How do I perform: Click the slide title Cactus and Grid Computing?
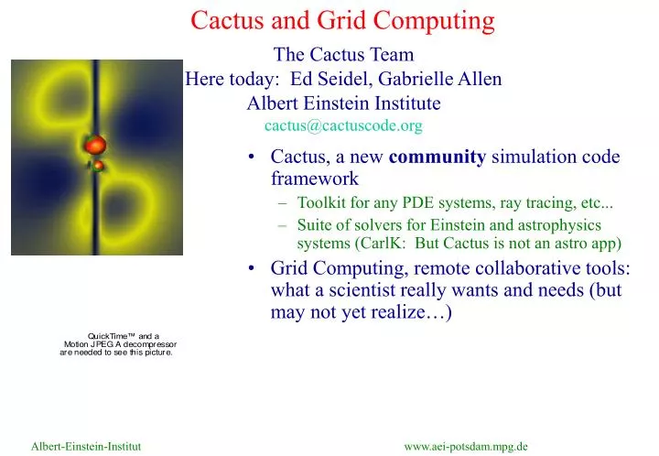tap(343, 18)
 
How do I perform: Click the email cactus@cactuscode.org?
tap(343, 125)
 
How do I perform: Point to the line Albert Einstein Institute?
tap(343, 103)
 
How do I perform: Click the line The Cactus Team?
tap(343, 56)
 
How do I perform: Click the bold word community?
tap(438, 157)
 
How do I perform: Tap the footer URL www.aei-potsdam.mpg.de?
tap(466, 446)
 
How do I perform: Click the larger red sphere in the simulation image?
tap(95, 144)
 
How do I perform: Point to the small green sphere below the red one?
tap(95, 166)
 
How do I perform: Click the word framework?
tap(314, 179)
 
